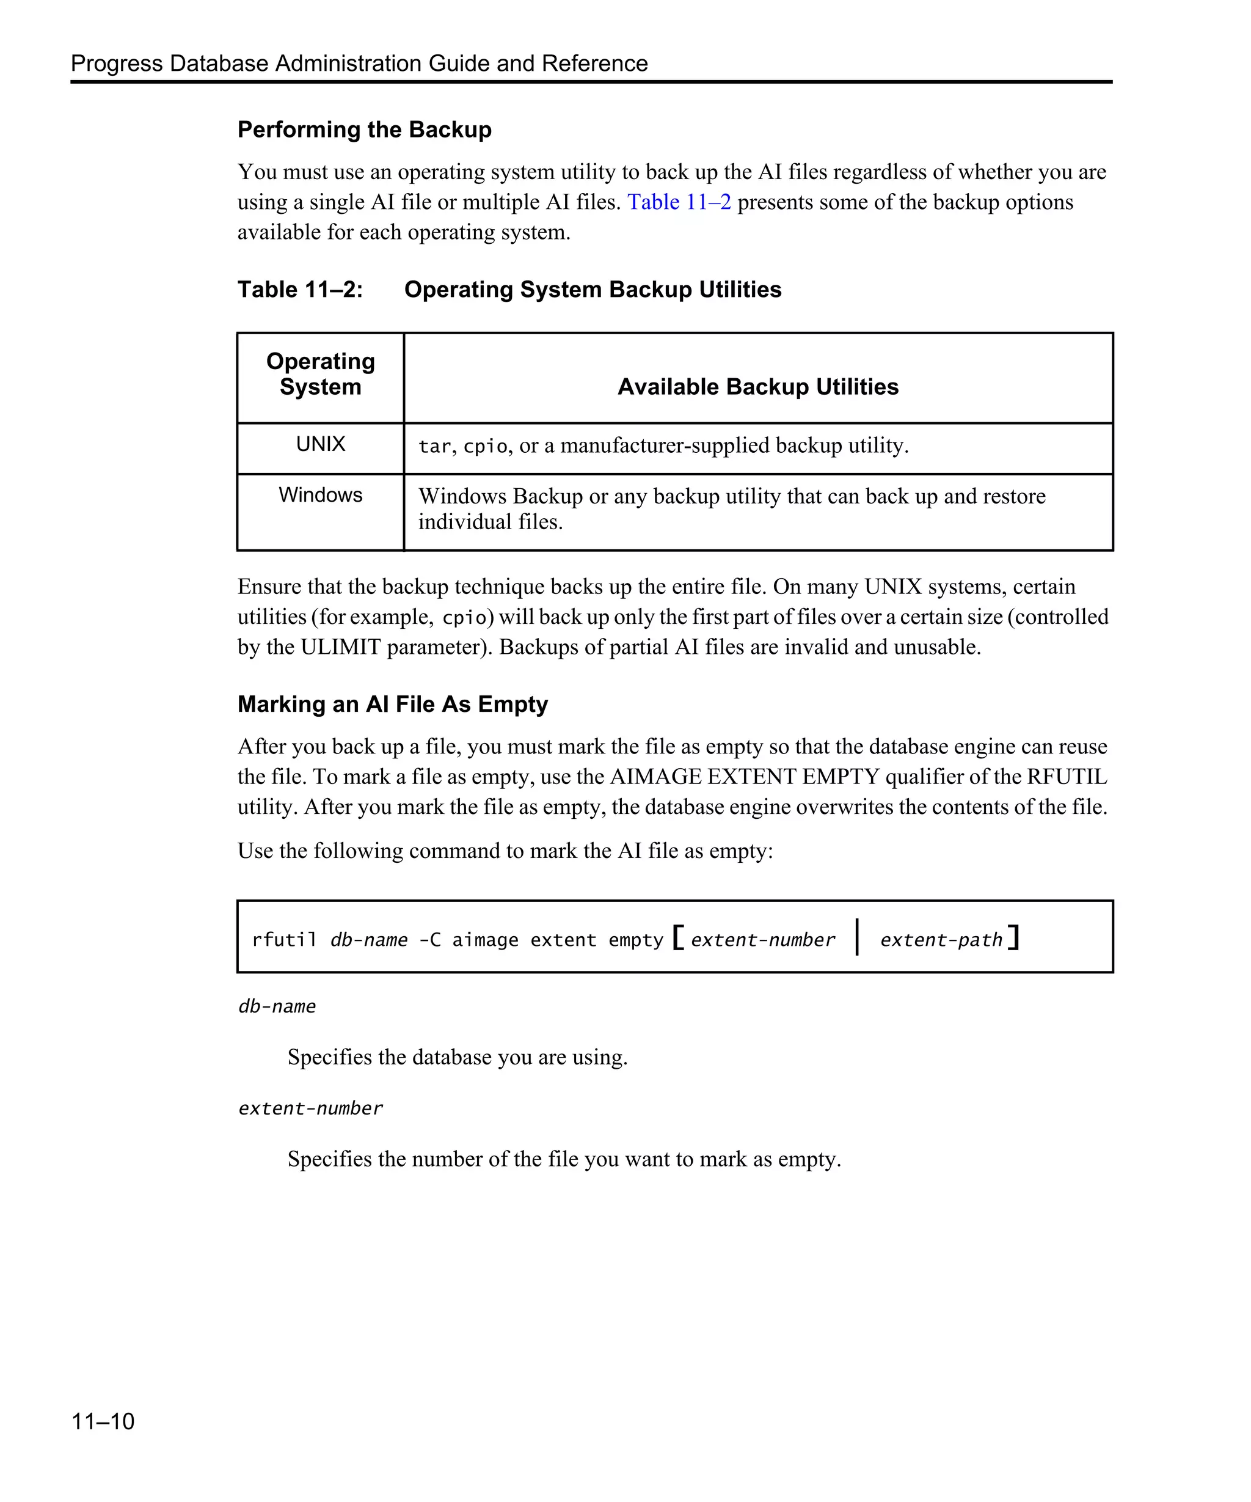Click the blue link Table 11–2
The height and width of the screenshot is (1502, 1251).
click(x=679, y=202)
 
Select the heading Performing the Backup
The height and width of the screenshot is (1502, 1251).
click(x=365, y=130)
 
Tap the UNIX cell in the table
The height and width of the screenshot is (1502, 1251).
click(x=320, y=444)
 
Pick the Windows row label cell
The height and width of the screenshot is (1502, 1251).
click(x=320, y=495)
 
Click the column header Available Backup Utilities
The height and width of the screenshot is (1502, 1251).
click(x=758, y=386)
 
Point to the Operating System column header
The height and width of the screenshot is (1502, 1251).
click(x=320, y=374)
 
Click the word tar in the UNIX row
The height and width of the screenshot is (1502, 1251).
click(x=434, y=446)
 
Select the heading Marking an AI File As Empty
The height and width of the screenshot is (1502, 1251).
click(x=392, y=704)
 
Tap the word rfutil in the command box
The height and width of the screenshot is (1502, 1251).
click(x=284, y=940)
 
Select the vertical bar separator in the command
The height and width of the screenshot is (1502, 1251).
click(x=856, y=937)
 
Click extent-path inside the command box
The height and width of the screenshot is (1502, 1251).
click(x=941, y=940)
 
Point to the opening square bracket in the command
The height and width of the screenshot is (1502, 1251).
click(x=677, y=937)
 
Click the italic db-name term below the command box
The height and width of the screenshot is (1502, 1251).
click(x=277, y=1006)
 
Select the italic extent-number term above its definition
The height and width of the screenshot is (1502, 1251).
click(x=310, y=1108)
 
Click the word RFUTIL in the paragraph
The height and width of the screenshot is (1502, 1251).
click(x=1067, y=777)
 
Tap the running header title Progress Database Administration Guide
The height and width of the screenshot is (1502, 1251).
click(x=359, y=64)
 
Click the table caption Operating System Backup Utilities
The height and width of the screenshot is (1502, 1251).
click(x=593, y=290)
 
